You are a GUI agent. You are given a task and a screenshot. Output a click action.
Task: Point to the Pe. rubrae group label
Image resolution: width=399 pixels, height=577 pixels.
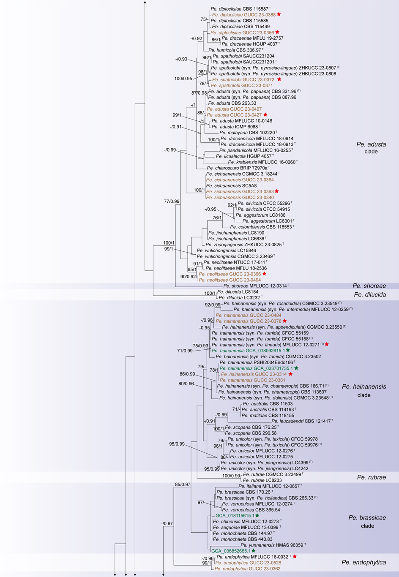pyautogui.click(x=371, y=477)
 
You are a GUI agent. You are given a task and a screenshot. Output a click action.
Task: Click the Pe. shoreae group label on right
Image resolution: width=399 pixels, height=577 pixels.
pyautogui.click(x=369, y=286)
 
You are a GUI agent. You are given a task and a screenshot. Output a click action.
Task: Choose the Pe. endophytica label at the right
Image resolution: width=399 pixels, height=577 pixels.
pyautogui.click(x=363, y=562)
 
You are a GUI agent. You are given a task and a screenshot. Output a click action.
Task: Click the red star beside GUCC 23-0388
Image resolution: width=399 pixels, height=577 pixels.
pyautogui.click(x=279, y=14)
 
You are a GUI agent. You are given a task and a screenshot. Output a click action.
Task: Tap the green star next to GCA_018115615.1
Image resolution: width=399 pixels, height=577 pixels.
pyautogui.click(x=257, y=515)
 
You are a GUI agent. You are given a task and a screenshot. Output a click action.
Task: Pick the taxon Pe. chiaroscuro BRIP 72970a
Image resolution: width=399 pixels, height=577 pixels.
pyautogui.click(x=237, y=168)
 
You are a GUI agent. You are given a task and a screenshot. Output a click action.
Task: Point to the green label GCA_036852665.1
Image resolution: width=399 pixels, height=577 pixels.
pyautogui.click(x=231, y=551)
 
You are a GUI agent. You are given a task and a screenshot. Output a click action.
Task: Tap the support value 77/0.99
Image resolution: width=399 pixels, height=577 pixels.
pyautogui.click(x=172, y=201)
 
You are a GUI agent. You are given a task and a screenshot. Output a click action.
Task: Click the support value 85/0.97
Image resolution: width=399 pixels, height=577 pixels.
pyautogui.click(x=183, y=484)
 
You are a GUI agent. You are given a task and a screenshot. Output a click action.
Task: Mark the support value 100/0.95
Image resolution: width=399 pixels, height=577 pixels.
pyautogui.click(x=183, y=79)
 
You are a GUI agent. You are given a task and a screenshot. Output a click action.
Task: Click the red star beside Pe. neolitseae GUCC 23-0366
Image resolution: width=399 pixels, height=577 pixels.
pyautogui.click(x=264, y=274)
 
